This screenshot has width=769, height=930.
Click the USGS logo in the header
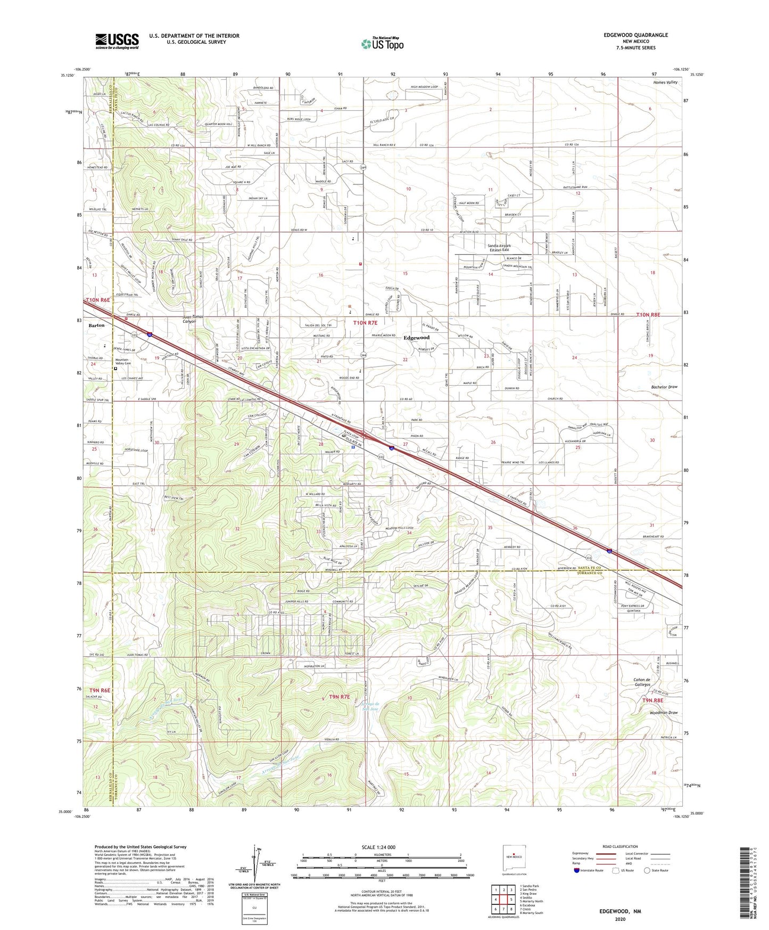coord(117,41)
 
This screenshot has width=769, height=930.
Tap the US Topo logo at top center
coord(382,43)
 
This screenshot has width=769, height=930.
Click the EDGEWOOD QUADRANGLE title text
coord(635,35)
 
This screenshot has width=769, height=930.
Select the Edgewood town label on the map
coord(416,338)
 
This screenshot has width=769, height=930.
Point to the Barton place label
coord(97,325)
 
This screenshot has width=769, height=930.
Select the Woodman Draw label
coord(663,713)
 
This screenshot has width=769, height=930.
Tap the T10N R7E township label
coord(365,323)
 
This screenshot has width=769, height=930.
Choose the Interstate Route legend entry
coord(588,870)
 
